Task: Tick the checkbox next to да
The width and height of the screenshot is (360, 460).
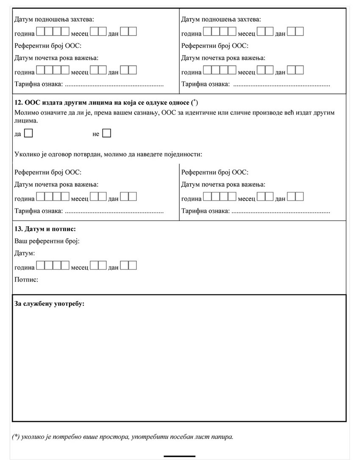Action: (x=28, y=134)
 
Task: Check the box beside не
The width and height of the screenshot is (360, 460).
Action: (x=107, y=134)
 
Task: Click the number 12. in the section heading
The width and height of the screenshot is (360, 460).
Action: (x=19, y=102)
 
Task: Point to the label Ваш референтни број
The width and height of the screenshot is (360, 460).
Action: (x=47, y=241)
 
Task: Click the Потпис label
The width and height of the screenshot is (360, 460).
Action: (x=26, y=280)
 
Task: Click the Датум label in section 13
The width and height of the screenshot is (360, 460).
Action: (x=25, y=254)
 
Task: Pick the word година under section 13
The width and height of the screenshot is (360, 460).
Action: (x=25, y=268)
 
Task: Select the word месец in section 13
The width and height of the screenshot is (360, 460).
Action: (x=80, y=268)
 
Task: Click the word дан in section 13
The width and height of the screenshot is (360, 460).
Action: (x=113, y=268)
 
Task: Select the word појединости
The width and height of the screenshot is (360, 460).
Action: (x=184, y=154)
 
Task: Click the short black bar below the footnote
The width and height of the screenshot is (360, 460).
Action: (x=179, y=456)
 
